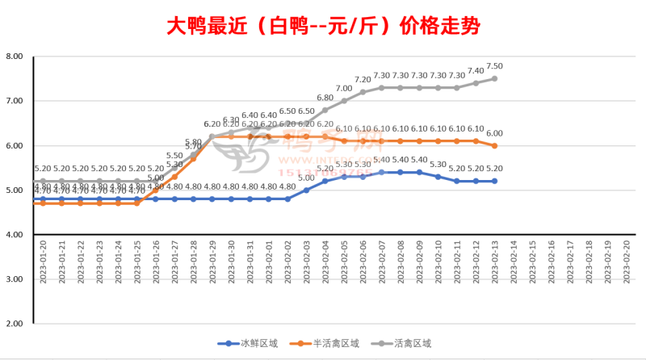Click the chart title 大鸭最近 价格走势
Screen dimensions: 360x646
[x=323, y=26]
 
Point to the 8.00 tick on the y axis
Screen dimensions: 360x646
[x=14, y=57]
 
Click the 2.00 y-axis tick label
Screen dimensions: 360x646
[x=14, y=323]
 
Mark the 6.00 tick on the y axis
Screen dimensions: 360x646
[x=14, y=145]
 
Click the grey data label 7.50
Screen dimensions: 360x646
[x=495, y=66]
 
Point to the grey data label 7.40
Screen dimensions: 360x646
[x=476, y=71]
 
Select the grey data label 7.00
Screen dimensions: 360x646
[x=344, y=89]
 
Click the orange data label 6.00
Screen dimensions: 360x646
[x=495, y=133]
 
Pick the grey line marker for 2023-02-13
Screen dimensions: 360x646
[x=495, y=78]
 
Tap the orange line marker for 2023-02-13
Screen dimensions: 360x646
[x=495, y=145]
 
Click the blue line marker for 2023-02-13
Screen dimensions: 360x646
[x=495, y=181]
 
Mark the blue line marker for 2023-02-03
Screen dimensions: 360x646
[x=306, y=190]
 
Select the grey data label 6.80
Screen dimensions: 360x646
[x=325, y=98]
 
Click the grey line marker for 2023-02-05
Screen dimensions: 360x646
[x=344, y=101]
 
